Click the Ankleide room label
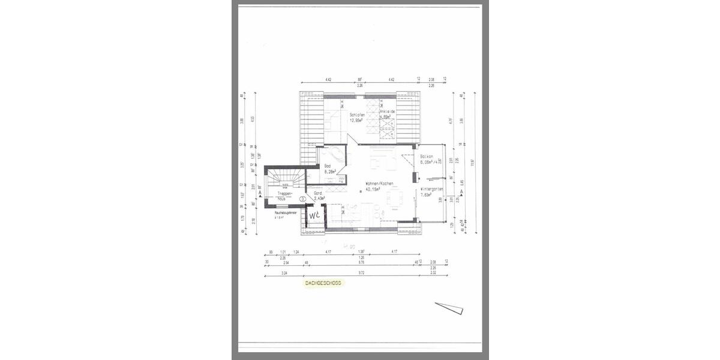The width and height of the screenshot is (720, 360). (388, 112)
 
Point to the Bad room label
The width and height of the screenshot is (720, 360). (328, 166)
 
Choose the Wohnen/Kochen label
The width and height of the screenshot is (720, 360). (379, 183)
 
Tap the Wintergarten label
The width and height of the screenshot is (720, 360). (432, 189)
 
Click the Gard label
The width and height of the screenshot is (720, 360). (318, 193)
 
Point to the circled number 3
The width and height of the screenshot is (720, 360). (303, 197)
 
